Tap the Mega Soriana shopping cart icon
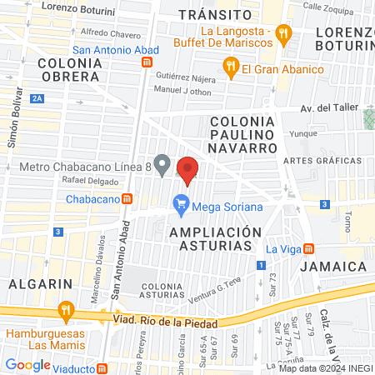pos(180,202)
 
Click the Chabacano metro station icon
pos(127,199)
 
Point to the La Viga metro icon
pos(308,248)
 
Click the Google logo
pos(27,364)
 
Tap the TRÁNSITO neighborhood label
pos(215,15)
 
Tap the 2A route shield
pos(37,98)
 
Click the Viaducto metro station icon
pos(102,367)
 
